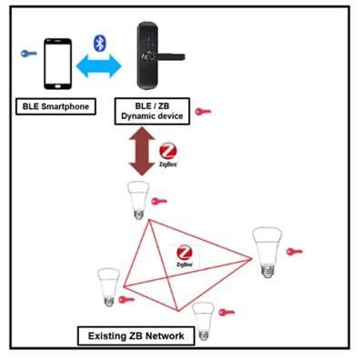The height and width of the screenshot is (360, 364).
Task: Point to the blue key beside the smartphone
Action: [26, 54]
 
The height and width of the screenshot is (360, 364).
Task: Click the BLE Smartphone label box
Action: [56, 106]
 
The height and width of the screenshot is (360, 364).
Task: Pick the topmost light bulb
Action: [137, 199]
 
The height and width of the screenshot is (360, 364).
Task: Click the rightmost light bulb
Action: [267, 252]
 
